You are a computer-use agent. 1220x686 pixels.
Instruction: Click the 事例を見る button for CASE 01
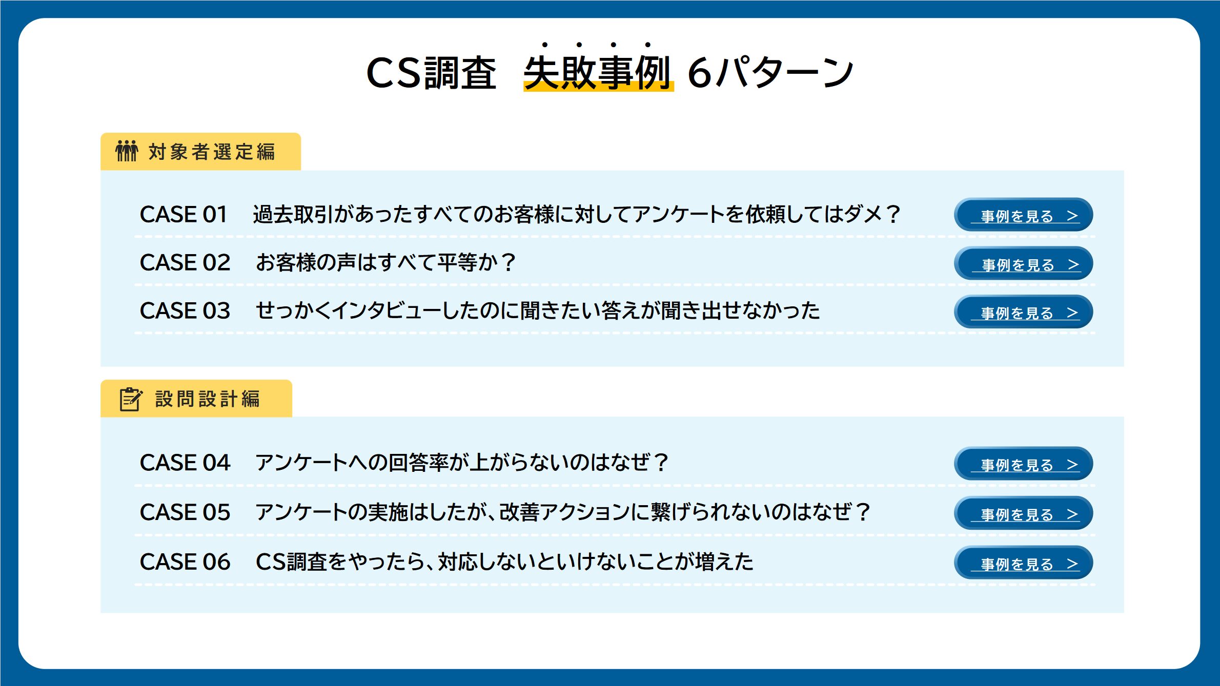pos(1023,215)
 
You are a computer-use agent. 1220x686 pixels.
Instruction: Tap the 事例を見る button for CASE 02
pos(1023,263)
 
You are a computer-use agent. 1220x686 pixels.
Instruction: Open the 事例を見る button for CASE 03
pos(1023,311)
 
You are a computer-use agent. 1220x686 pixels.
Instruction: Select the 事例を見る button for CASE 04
pos(1023,464)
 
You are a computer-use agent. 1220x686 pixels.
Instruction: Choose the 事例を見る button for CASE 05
pos(1023,513)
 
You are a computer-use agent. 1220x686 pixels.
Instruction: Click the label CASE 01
pos(184,214)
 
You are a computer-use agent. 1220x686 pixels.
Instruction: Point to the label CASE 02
pos(185,262)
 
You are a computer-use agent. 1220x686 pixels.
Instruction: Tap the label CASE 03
pos(185,310)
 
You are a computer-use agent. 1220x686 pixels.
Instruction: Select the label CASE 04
pos(185,463)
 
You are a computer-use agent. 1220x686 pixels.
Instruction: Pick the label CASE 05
pos(185,512)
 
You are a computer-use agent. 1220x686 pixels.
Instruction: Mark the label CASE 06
pos(185,562)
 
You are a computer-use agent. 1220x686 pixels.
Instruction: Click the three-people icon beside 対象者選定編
pos(127,151)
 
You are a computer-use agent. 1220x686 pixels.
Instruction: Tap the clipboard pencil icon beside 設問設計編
pos(131,399)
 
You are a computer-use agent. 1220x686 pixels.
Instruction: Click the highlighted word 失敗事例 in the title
pos(598,72)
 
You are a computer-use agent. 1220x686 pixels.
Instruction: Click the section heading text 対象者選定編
pos(212,152)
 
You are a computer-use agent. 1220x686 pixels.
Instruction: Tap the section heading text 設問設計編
pos(208,399)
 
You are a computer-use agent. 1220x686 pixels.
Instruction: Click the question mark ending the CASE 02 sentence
pos(509,263)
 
